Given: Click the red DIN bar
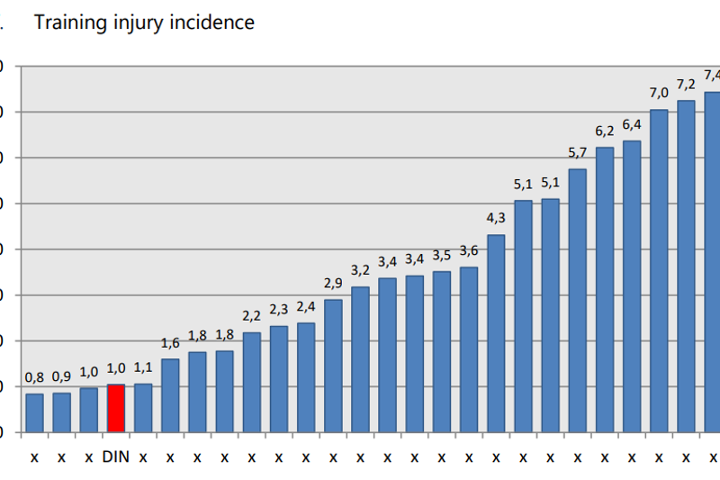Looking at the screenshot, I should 115,408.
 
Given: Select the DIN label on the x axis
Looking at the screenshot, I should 115,457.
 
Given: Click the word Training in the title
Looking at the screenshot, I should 70,22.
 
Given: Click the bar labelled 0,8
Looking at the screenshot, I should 34,412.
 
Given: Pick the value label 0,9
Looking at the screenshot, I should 61,376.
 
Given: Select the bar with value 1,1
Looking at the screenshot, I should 143,408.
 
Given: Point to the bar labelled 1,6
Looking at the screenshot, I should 170,395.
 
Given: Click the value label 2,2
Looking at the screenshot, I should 251,315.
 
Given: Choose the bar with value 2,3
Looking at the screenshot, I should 279,378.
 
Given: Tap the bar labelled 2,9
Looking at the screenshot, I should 333,365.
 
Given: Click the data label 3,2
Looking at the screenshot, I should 360,270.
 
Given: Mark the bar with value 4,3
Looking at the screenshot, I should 496,333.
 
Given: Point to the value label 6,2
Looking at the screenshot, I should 604,131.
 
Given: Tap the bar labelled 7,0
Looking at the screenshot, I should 659,270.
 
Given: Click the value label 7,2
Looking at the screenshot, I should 686,85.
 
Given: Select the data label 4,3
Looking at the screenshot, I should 496,218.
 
